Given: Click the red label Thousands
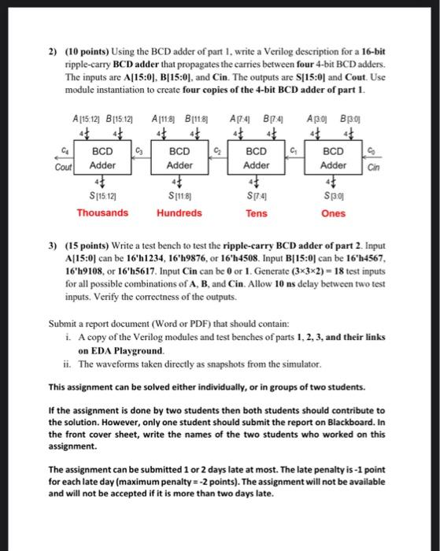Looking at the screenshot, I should point(102,213).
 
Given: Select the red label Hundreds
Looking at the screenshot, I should point(179,213).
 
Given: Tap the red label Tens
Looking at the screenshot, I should point(256,213).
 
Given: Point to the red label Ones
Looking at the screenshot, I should point(333,213).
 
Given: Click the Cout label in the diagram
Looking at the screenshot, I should point(64,166).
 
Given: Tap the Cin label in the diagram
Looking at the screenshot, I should point(372,166).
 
